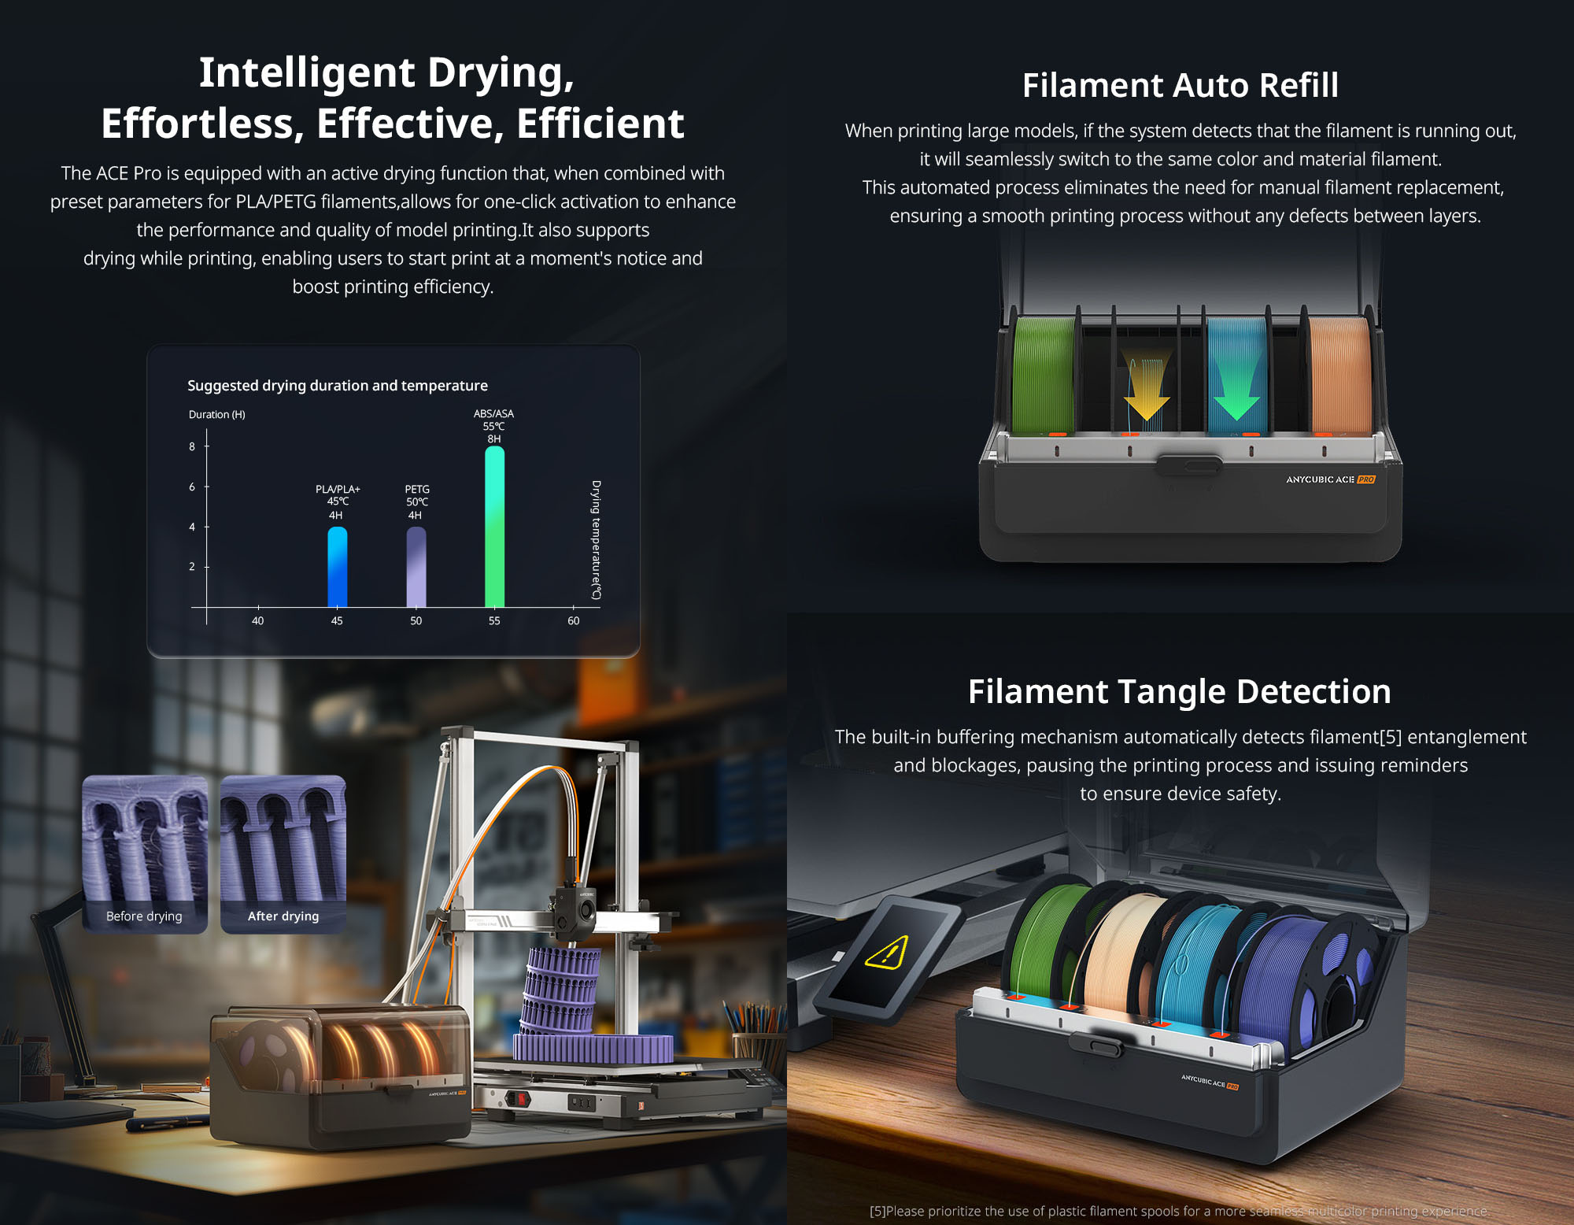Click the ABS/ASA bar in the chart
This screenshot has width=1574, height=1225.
(494, 527)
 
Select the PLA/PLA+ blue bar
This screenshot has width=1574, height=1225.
(337, 567)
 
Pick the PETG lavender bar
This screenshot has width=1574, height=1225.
(416, 567)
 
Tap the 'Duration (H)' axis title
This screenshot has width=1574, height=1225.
(217, 414)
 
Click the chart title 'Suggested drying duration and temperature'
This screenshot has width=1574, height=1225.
(338, 385)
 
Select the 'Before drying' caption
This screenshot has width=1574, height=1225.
(144, 916)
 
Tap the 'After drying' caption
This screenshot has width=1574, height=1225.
(283, 916)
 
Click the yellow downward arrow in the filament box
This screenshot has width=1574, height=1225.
(1147, 386)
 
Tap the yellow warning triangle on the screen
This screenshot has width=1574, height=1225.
(887, 953)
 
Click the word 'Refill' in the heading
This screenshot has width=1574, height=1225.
(1299, 85)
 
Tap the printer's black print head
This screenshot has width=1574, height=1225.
(575, 913)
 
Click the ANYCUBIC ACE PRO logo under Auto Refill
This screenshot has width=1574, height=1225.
(1331, 479)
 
